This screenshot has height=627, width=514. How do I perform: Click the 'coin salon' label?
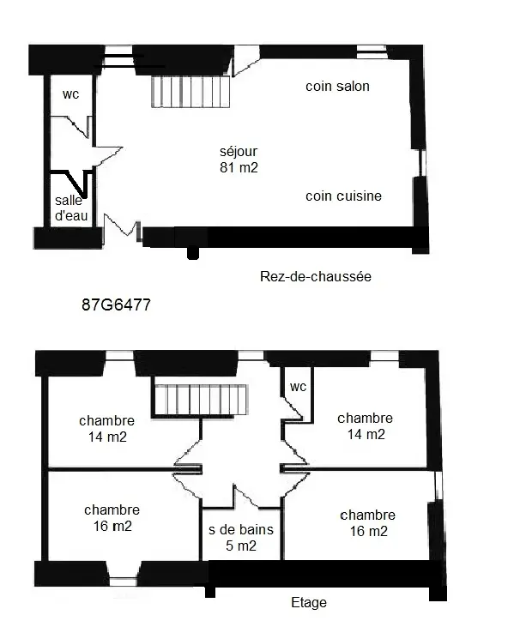click(337, 87)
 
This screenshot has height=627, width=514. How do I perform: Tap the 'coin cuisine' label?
click(343, 196)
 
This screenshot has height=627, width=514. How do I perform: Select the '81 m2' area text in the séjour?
click(239, 167)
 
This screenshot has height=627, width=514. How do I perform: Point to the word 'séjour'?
click(239, 152)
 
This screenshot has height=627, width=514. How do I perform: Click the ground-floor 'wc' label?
click(71, 94)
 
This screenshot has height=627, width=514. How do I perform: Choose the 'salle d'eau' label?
click(71, 208)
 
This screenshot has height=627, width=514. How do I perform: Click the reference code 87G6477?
click(116, 304)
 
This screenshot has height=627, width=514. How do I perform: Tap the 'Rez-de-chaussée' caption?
click(316, 276)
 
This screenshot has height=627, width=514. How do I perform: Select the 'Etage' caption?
click(309, 603)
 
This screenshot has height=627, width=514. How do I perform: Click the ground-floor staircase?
click(190, 92)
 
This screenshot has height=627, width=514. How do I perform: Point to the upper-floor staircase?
click(201, 400)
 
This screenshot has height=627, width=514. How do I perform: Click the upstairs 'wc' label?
click(298, 387)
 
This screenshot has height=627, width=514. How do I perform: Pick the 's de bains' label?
click(241, 529)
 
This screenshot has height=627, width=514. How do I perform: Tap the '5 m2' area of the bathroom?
click(241, 546)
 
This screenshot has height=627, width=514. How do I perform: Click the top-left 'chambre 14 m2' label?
click(106, 429)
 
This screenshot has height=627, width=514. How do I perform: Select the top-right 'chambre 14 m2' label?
click(366, 426)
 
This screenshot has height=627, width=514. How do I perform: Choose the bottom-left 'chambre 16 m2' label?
click(112, 518)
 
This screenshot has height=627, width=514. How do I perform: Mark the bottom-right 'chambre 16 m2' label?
click(367, 523)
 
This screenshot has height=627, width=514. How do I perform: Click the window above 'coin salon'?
click(372, 52)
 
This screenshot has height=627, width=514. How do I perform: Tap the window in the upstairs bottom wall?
click(124, 582)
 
